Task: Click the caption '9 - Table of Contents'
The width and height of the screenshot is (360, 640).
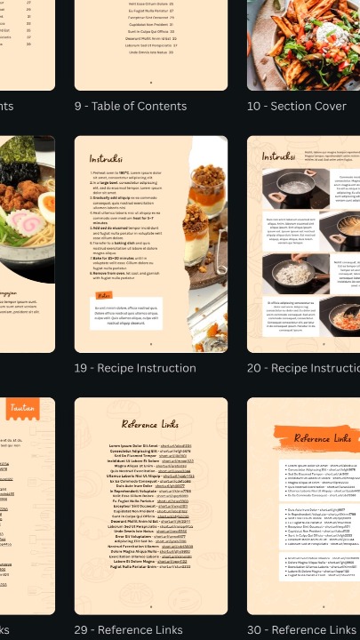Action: tap(130, 107)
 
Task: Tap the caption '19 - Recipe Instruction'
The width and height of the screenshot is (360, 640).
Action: tap(135, 368)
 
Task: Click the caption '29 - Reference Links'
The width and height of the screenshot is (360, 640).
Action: tap(129, 630)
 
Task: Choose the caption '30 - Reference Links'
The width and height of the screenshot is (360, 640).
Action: tap(301, 630)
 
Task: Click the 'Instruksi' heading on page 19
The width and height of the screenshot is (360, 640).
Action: tap(106, 158)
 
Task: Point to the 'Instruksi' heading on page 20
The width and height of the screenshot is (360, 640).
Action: tap(278, 157)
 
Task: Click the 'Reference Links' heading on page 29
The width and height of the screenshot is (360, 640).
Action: tap(151, 424)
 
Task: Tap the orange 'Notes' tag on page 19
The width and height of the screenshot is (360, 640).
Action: tap(105, 294)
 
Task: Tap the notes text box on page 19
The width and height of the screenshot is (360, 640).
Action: tap(127, 313)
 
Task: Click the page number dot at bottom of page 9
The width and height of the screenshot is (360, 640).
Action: tap(150, 83)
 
